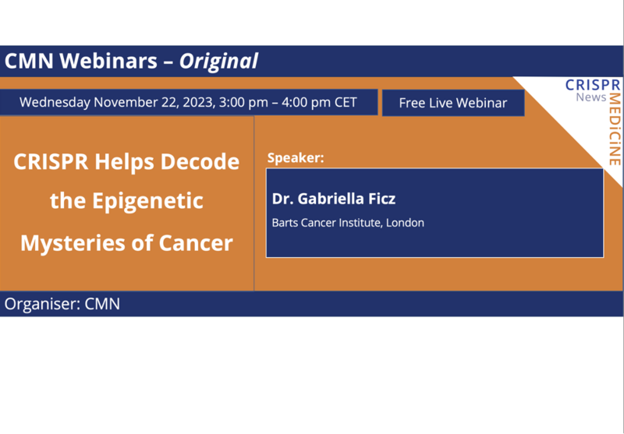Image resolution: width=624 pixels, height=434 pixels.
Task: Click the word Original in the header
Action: [x=218, y=61]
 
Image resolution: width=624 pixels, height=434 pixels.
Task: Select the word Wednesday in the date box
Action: [x=56, y=102]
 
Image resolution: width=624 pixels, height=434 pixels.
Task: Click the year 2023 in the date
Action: [x=196, y=102]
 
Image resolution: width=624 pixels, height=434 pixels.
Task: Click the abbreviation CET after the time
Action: [x=345, y=102]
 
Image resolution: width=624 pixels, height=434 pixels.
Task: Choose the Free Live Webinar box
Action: [x=452, y=103]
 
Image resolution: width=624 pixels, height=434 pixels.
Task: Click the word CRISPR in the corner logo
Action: [x=593, y=84]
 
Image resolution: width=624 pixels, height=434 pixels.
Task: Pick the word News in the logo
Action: [x=591, y=97]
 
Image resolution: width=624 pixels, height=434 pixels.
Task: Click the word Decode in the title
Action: [x=200, y=162]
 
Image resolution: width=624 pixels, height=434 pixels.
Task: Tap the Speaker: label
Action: [x=295, y=158]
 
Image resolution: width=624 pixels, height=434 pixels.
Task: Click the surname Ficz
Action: [x=378, y=199]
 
